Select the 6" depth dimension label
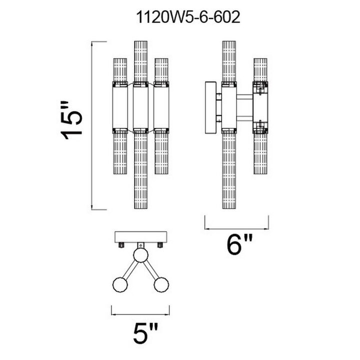click(x=237, y=245)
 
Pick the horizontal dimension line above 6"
click(x=236, y=219)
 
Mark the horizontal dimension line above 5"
click(x=141, y=314)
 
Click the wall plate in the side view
click(x=209, y=106)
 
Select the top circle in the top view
click(x=141, y=257)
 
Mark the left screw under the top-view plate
click(x=121, y=245)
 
